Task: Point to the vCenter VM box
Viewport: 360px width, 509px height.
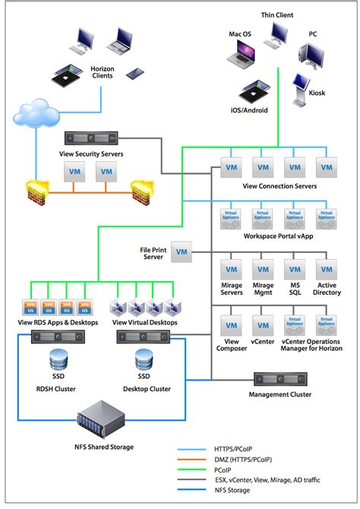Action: (263, 324)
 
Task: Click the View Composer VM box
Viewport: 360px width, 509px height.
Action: (231, 324)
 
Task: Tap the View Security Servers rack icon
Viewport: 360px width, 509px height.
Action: (90, 140)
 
